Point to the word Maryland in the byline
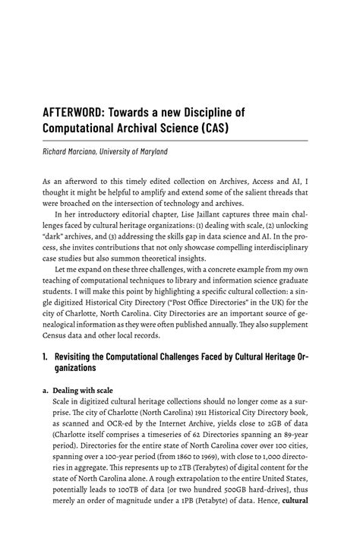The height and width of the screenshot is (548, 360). pyautogui.click(x=147, y=152)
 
